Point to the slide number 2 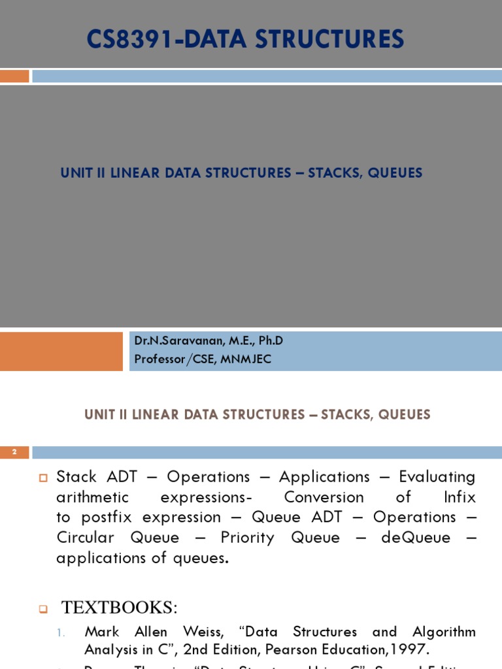pyautogui.click(x=14, y=452)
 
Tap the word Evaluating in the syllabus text pyautogui.click(x=437, y=477)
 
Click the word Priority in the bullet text pyautogui.click(x=243, y=538)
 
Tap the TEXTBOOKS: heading pyautogui.click(x=120, y=608)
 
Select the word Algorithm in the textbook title pyautogui.click(x=444, y=632)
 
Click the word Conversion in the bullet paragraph pyautogui.click(x=324, y=497)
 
